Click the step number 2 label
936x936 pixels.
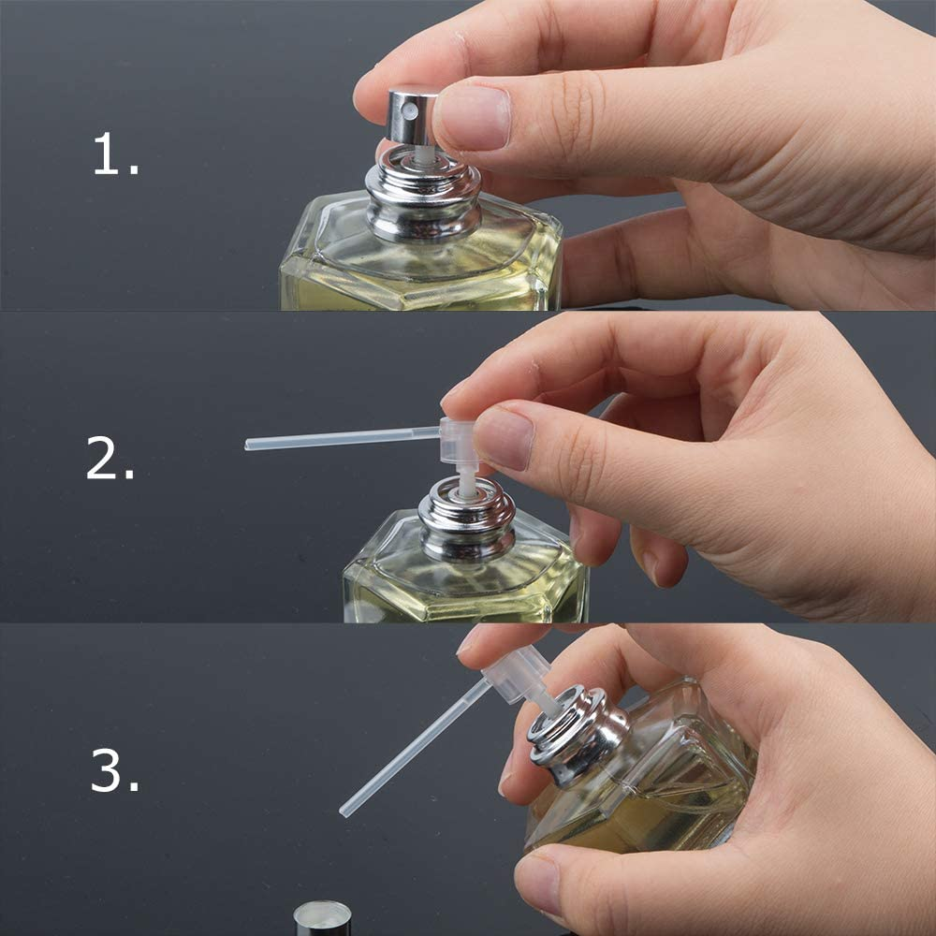(x=110, y=460)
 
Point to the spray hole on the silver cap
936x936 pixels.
(x=407, y=112)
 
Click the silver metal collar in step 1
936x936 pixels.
(x=422, y=200)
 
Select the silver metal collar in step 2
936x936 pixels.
(x=466, y=521)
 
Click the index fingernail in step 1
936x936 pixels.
(x=473, y=118)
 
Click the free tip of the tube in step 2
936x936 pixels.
(x=250, y=445)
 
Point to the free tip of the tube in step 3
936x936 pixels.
(x=345, y=810)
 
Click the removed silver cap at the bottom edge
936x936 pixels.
(x=323, y=919)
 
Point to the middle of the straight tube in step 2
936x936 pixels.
(x=343, y=437)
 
